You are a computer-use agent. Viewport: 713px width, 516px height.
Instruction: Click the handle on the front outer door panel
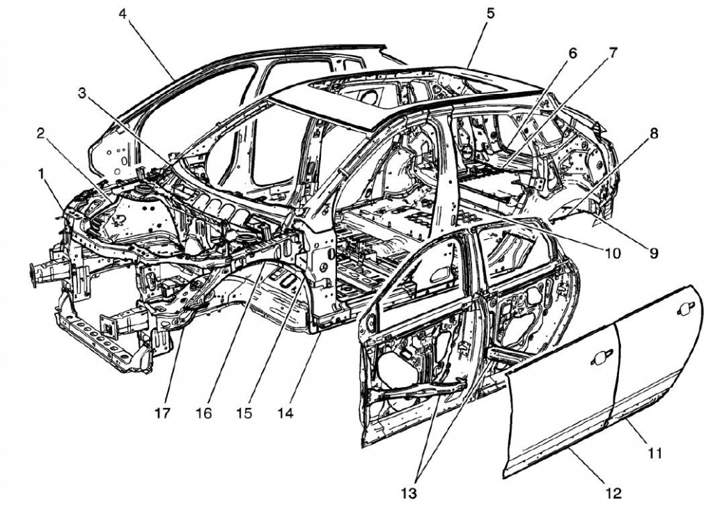tap(598, 359)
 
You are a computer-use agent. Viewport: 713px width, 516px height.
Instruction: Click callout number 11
tap(652, 453)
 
